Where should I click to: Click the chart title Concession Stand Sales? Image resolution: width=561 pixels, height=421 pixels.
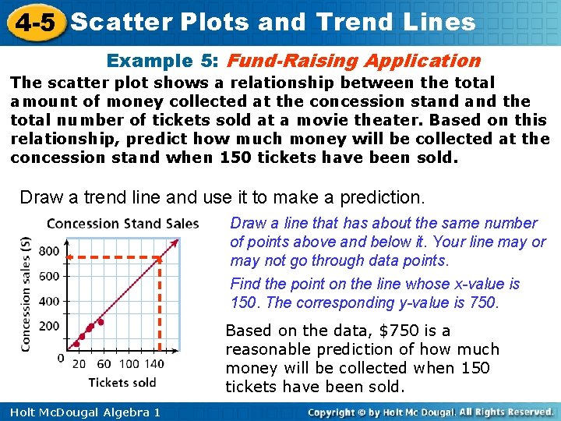[x=122, y=224]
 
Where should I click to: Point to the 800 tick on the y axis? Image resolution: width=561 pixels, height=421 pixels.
[x=48, y=250]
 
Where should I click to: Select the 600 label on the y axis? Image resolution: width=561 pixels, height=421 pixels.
[x=48, y=275]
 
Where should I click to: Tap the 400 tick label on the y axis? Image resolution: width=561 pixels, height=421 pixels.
[x=48, y=301]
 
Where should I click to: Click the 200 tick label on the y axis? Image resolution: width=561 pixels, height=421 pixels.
[x=48, y=326]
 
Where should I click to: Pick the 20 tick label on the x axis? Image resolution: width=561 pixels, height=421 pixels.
[x=79, y=363]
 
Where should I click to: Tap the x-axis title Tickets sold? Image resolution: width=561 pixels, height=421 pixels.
[x=122, y=382]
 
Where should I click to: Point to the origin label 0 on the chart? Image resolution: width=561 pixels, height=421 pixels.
[x=61, y=358]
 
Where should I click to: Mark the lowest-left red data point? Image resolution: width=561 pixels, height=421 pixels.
[x=76, y=343]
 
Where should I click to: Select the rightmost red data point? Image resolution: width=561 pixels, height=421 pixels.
[x=101, y=321]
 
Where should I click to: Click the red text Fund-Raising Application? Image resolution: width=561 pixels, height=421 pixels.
[x=355, y=61]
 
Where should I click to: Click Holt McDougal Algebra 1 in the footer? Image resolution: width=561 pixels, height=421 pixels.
[x=81, y=412]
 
